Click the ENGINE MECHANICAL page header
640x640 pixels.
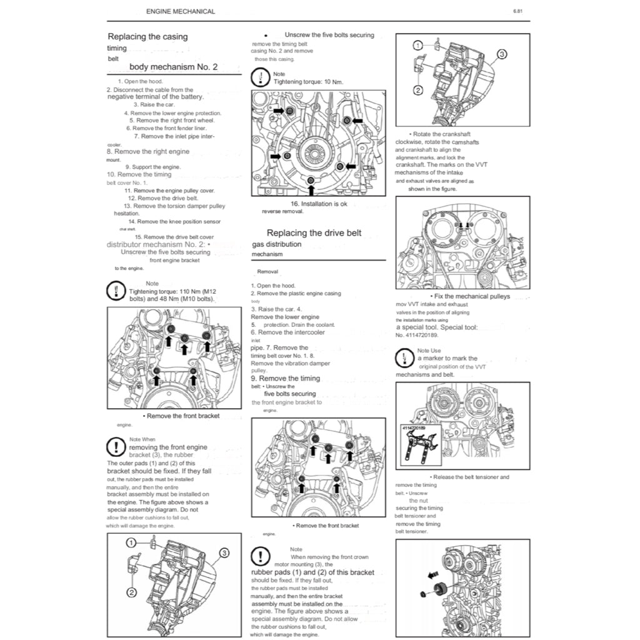pos(180,11)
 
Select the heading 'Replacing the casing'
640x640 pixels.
pos(147,37)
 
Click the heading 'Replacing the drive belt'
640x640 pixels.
pos(314,233)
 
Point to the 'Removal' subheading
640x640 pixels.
pos(267,272)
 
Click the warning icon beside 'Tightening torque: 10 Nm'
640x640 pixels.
pos(260,78)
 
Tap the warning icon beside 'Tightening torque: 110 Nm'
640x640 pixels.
pos(116,291)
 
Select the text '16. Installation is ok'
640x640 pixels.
pos(318,204)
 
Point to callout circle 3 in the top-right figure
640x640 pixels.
pos(501,54)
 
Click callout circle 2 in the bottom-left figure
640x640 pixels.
pos(132,592)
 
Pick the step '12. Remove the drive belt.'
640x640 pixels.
pos(163,198)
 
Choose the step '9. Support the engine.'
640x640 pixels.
pos(152,167)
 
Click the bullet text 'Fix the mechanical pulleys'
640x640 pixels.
pos(471,296)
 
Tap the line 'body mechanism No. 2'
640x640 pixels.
pos(173,67)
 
